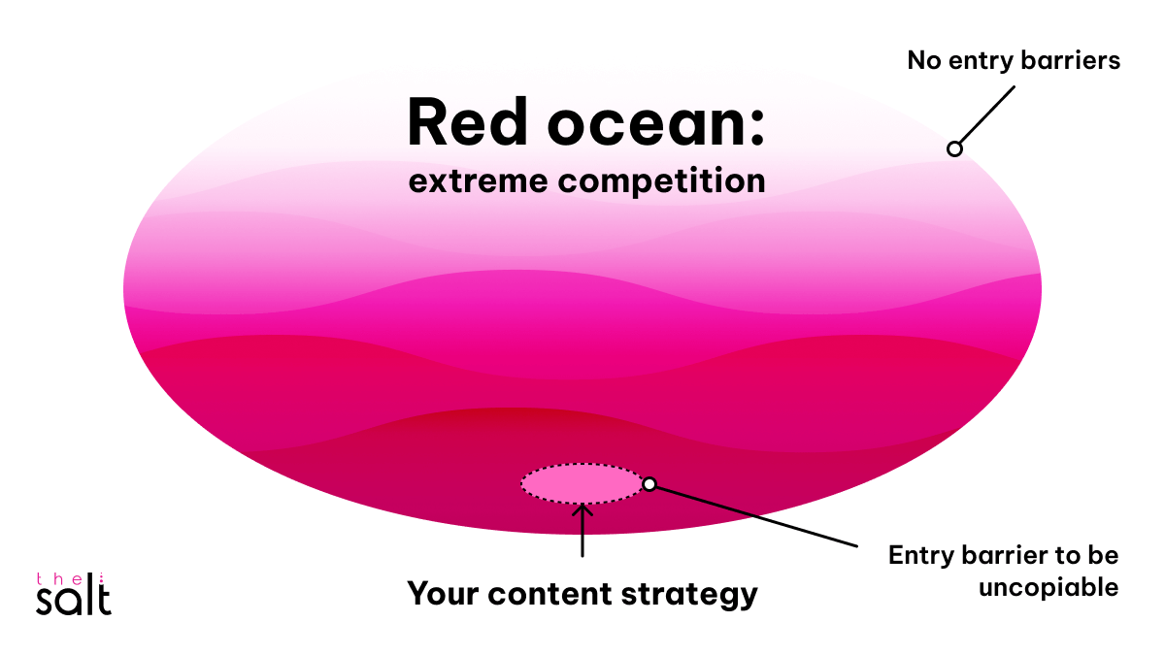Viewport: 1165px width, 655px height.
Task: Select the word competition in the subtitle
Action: (662, 181)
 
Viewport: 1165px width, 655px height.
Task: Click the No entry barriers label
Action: (1014, 60)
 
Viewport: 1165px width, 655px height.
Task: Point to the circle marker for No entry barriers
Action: (954, 148)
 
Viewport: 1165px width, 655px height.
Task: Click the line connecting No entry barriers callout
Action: (986, 115)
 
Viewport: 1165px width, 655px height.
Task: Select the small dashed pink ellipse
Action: (582, 483)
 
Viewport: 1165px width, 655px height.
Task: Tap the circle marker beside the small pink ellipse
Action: (649, 484)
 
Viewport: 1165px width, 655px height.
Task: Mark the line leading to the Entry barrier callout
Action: (757, 515)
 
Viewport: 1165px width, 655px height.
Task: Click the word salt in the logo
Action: (73, 599)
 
